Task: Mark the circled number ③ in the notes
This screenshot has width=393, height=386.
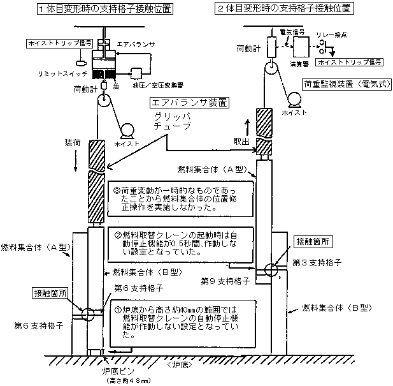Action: tap(117, 189)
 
